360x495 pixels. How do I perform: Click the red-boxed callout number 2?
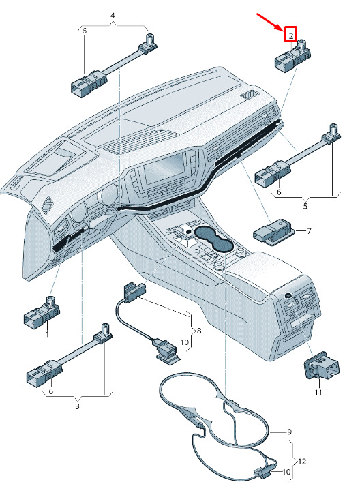[x=290, y=34]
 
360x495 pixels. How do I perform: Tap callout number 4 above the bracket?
[x=112, y=16]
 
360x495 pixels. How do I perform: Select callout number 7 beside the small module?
[x=309, y=231]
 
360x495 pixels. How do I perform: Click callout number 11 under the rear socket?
[x=318, y=393]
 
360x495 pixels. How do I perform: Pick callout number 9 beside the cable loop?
[x=290, y=432]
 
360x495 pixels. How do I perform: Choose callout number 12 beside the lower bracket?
[x=302, y=462]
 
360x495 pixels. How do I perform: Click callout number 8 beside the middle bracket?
[x=199, y=331]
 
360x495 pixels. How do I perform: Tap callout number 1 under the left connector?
[x=47, y=333]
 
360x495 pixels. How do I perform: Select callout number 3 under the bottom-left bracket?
[x=77, y=406]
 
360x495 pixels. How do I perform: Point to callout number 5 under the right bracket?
[x=305, y=206]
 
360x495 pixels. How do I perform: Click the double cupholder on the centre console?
[x=214, y=240]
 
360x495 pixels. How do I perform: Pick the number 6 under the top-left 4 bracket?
[x=84, y=31]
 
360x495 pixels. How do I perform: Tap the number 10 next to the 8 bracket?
[x=184, y=342]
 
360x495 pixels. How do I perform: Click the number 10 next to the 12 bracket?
[x=286, y=472]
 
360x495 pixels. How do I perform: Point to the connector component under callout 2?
[x=292, y=55]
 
